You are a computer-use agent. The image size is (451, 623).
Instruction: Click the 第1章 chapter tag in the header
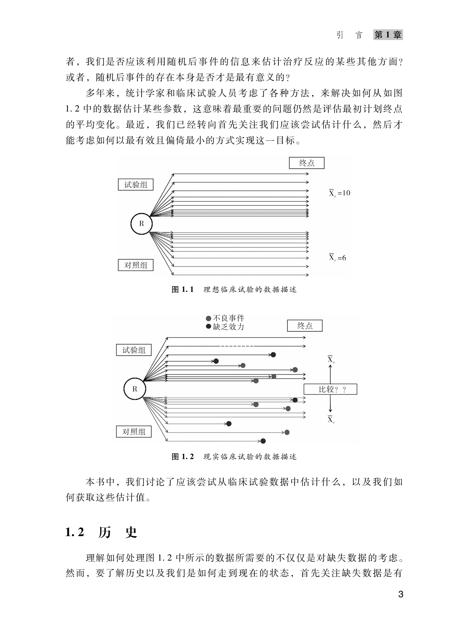click(388, 35)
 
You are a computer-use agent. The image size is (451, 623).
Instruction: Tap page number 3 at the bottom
click(400, 594)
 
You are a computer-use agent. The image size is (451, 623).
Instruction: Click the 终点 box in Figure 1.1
click(307, 163)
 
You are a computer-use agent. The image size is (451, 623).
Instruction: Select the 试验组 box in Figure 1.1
click(136, 185)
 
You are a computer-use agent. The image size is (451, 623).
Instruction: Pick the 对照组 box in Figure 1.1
click(136, 265)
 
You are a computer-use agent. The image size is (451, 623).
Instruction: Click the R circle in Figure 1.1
click(142, 224)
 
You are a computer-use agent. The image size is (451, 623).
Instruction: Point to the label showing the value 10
click(339, 193)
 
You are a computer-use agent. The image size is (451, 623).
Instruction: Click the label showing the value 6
click(337, 258)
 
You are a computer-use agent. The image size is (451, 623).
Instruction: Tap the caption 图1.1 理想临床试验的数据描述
click(234, 290)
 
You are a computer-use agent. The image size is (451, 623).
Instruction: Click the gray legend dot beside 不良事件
click(208, 318)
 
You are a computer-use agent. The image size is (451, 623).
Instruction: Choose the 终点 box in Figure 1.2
click(305, 326)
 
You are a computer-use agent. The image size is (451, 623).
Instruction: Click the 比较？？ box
click(330, 390)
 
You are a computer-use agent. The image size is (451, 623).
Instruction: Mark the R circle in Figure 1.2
click(135, 389)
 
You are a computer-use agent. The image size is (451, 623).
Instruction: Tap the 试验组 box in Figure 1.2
click(134, 350)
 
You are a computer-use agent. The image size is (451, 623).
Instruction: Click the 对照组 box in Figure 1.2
click(134, 432)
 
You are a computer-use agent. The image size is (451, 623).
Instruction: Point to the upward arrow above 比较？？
click(330, 374)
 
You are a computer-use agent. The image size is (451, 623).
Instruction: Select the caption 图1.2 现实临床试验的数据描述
click(234, 457)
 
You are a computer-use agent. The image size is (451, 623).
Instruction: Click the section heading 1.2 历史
click(101, 533)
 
